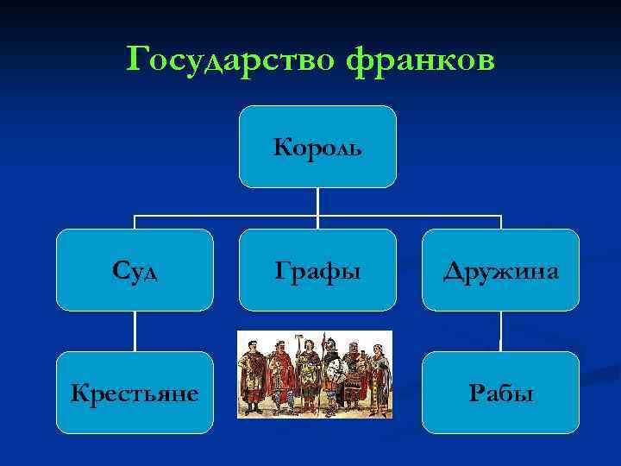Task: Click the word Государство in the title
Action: tap(229, 60)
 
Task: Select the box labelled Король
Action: tap(317, 147)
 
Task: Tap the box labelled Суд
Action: tap(135, 270)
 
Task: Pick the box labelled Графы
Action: tap(317, 270)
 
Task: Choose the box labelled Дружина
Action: tap(500, 270)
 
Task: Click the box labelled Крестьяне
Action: tap(135, 393)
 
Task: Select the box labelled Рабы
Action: tap(500, 393)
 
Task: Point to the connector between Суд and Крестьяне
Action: tap(135, 331)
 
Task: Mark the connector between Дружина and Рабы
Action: tap(500, 331)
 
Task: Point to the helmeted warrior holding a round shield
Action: tap(333, 375)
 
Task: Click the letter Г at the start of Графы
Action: tap(281, 271)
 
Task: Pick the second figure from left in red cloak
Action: tap(280, 375)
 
